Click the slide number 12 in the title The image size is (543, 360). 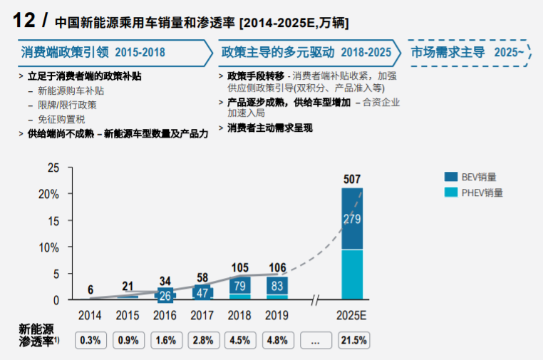[x=25, y=21]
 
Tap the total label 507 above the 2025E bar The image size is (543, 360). [x=352, y=178]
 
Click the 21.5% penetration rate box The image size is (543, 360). [x=352, y=340]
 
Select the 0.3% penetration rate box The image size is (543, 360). [x=90, y=340]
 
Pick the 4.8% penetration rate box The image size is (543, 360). [x=277, y=340]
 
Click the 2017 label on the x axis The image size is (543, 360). [x=202, y=314]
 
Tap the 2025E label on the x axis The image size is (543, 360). [x=352, y=314]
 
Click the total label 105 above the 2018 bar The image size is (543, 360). [x=240, y=268]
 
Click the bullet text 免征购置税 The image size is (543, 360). [x=63, y=118]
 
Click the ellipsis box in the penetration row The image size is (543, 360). [x=315, y=340]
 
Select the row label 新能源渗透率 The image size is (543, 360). [x=36, y=335]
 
